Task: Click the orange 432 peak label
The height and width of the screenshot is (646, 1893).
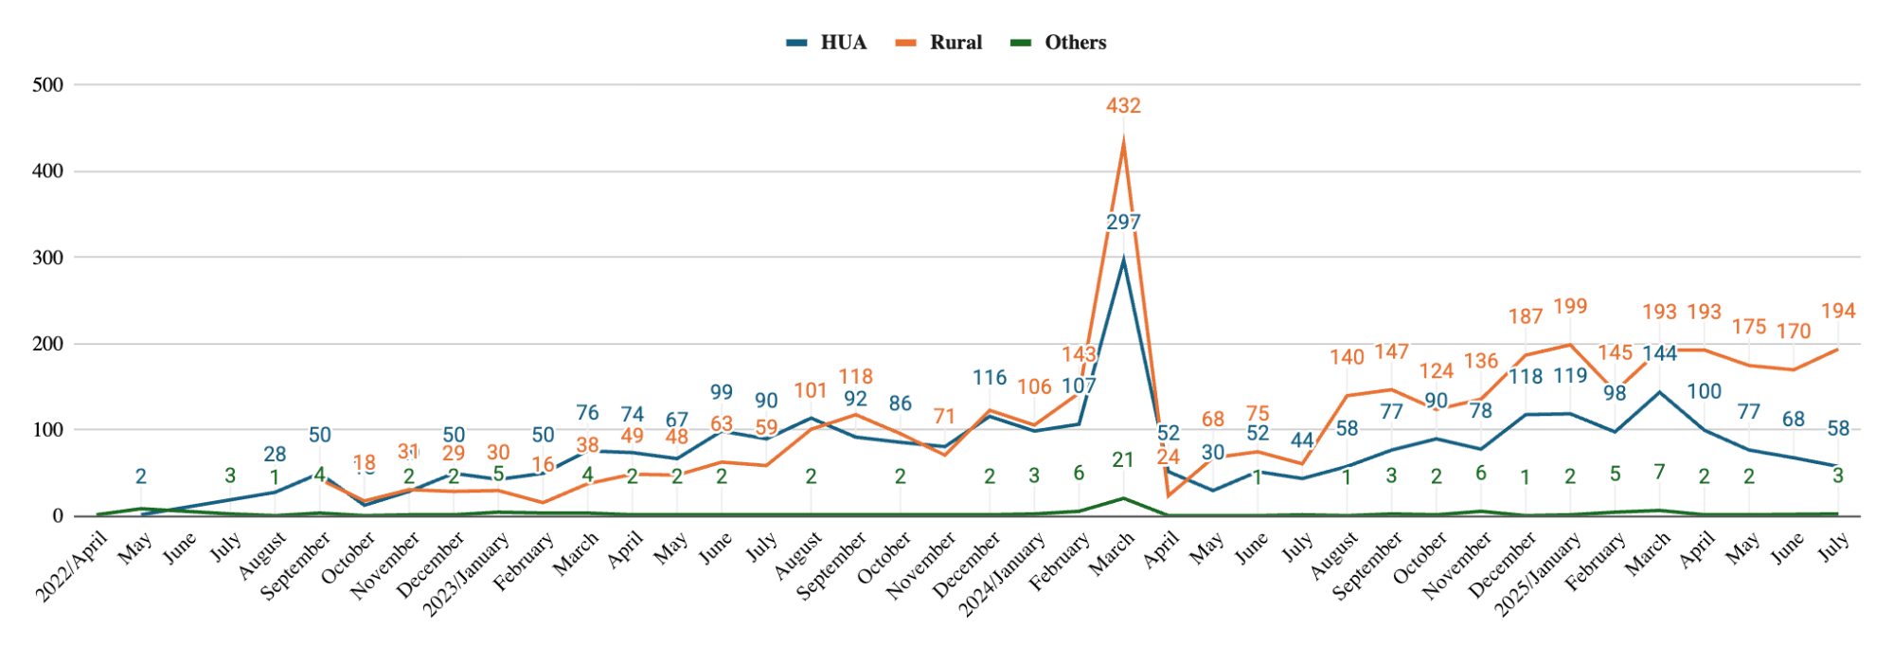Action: click(x=1123, y=106)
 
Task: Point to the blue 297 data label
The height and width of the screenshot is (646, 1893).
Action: click(x=1123, y=223)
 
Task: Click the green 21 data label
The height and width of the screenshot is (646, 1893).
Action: click(x=1123, y=460)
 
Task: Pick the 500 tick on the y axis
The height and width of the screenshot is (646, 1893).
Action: click(x=47, y=85)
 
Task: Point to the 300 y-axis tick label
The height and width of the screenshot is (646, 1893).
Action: click(x=47, y=258)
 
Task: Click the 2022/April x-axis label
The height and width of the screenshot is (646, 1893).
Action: click(x=72, y=567)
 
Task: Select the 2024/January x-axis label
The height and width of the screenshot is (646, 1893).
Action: click(x=1002, y=574)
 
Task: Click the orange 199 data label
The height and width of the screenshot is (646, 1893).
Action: click(x=1570, y=307)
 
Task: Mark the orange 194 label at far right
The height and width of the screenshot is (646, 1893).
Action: click(x=1838, y=312)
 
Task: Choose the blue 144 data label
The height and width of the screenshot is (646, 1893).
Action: click(x=1659, y=354)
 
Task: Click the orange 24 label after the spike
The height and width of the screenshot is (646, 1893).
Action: click(x=1168, y=458)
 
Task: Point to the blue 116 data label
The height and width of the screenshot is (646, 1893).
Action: click(x=990, y=378)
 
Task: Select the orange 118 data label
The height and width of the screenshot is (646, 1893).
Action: click(x=855, y=377)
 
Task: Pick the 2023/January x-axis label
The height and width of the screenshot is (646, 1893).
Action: click(x=466, y=574)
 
